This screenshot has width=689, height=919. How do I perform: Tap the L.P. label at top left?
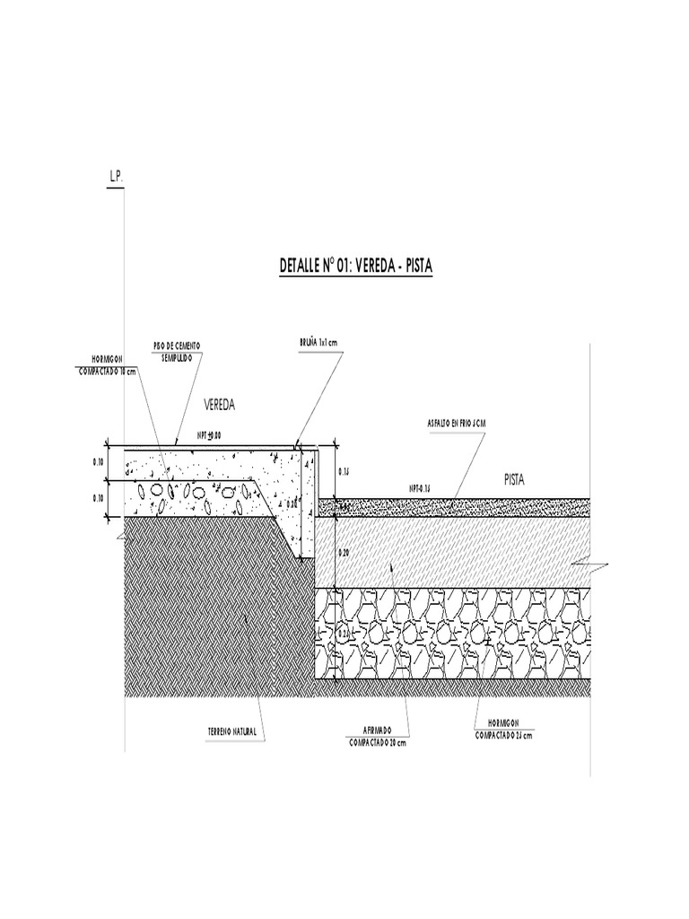pyautogui.click(x=116, y=178)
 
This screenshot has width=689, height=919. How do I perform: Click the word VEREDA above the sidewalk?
pyautogui.click(x=218, y=406)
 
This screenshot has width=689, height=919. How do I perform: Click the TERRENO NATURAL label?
pyautogui.click(x=232, y=732)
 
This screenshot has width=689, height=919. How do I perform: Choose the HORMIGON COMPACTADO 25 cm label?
pyautogui.click(x=503, y=729)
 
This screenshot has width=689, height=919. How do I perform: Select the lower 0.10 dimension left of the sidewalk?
pyautogui.click(x=99, y=496)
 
